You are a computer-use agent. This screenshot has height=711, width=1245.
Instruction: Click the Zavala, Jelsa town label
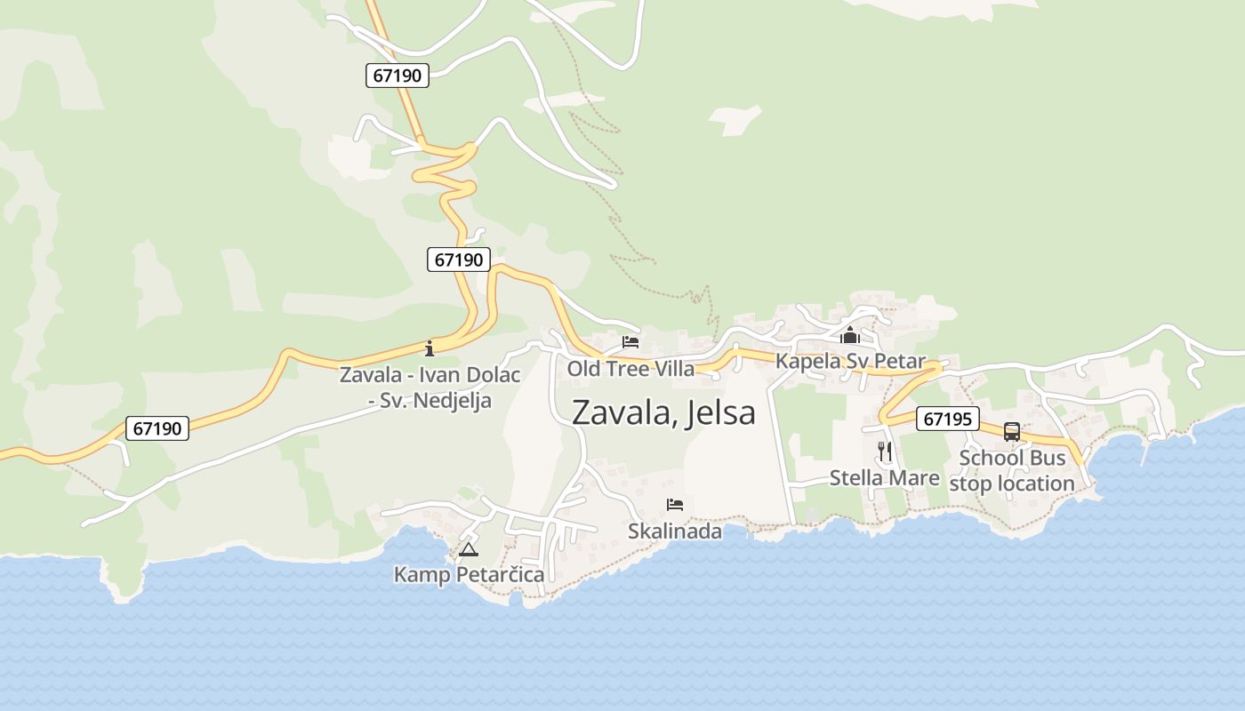point(663,412)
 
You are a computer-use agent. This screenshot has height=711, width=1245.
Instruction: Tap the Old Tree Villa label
point(631,368)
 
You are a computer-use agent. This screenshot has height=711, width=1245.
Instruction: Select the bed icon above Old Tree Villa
point(631,341)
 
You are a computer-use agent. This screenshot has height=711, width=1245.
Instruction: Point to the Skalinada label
point(675,531)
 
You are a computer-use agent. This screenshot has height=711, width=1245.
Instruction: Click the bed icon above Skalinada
point(675,506)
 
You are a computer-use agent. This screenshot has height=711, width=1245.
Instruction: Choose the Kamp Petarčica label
point(469,575)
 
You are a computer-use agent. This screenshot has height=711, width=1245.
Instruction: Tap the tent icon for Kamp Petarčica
point(469,549)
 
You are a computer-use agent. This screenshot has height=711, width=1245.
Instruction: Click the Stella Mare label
point(884,478)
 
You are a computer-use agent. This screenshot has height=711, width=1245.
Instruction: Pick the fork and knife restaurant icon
point(884,451)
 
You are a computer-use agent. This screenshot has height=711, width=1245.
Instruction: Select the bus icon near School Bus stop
point(1012,432)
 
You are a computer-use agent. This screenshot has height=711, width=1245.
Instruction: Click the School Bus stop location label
point(1012,471)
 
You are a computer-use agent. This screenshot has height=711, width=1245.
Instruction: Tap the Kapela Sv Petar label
point(850,362)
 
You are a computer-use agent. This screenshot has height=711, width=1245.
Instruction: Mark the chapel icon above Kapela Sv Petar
point(850,336)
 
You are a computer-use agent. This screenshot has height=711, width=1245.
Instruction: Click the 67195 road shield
point(947,419)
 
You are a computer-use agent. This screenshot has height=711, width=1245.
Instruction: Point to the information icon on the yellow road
point(430,348)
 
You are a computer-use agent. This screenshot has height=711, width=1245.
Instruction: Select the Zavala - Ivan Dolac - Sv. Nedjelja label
point(430,387)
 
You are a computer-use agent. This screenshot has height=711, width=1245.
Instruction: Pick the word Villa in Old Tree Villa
point(671,368)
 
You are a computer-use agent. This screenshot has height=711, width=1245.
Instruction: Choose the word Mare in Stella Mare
point(916,478)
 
